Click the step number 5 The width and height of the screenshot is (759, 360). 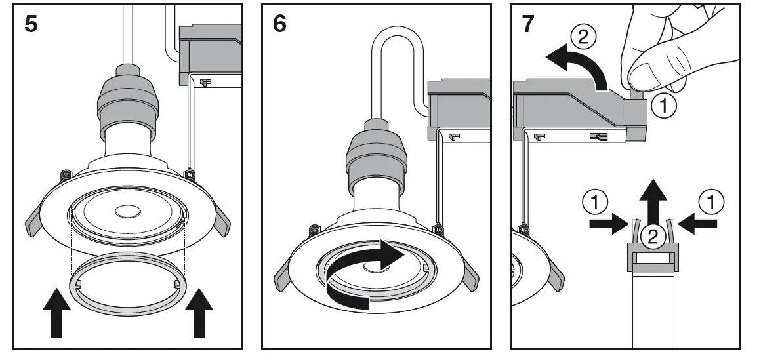[x=30, y=24]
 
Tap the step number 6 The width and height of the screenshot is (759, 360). [x=279, y=24]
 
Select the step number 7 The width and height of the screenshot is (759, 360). [x=528, y=24]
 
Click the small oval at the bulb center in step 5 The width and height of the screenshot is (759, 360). [x=127, y=212]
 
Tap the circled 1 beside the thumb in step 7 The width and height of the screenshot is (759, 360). [x=667, y=106]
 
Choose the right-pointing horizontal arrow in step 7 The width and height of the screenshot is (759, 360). [x=607, y=225]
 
